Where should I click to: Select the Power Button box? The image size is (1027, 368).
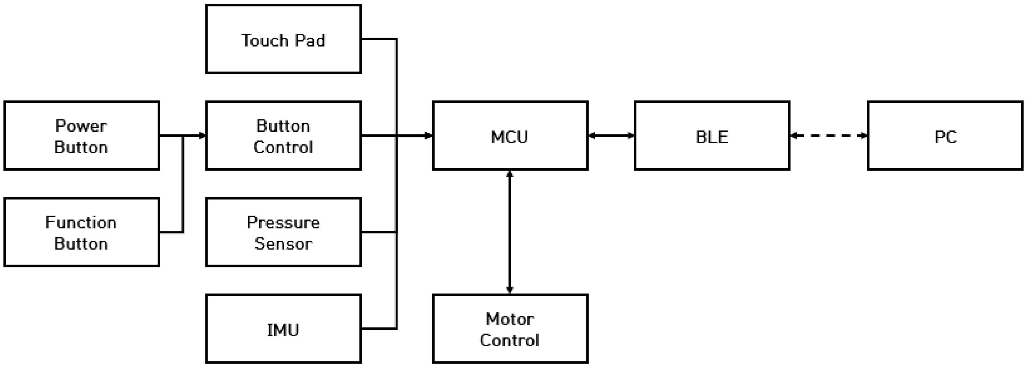(x=81, y=136)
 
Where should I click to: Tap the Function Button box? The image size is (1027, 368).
(x=81, y=232)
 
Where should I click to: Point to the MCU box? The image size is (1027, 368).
(x=510, y=136)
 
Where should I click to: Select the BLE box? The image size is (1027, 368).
(x=712, y=136)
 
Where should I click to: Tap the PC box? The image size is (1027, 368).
(x=945, y=136)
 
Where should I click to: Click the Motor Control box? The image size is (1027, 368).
(x=510, y=329)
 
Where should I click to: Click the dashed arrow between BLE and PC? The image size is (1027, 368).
(x=829, y=136)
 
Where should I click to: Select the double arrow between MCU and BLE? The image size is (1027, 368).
(x=611, y=136)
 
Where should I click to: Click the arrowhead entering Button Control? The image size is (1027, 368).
(x=202, y=136)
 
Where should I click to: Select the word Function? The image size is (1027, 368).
(x=81, y=222)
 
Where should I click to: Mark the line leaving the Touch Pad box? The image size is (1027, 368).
(x=379, y=39)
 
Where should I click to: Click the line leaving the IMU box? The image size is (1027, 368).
(x=379, y=328)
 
